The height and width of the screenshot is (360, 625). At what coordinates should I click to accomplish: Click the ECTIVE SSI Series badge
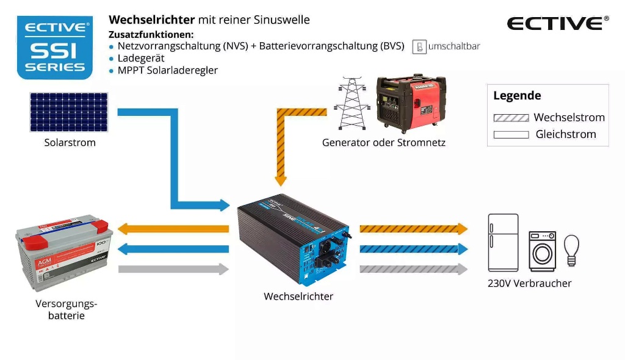point(55,48)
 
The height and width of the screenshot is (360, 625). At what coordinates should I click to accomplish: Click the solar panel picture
point(69,112)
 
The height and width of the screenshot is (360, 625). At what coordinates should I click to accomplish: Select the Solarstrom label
point(70,143)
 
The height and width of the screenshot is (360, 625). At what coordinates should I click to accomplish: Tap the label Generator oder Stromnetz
point(384,143)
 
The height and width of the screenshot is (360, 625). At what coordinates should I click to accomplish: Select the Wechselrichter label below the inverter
point(298,297)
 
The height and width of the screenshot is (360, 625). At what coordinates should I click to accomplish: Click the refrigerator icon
point(503,242)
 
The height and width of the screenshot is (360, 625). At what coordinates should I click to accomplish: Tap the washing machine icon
point(542,250)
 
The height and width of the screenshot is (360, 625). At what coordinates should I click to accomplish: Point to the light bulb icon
point(571,250)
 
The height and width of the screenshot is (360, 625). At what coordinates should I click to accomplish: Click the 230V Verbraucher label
point(530,283)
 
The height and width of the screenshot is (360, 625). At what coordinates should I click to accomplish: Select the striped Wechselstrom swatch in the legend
point(511,118)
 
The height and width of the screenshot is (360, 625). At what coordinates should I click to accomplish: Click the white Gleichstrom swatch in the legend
point(511,134)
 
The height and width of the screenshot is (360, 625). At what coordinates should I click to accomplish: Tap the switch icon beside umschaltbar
point(419,47)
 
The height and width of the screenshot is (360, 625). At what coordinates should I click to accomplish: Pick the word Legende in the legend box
point(517,96)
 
